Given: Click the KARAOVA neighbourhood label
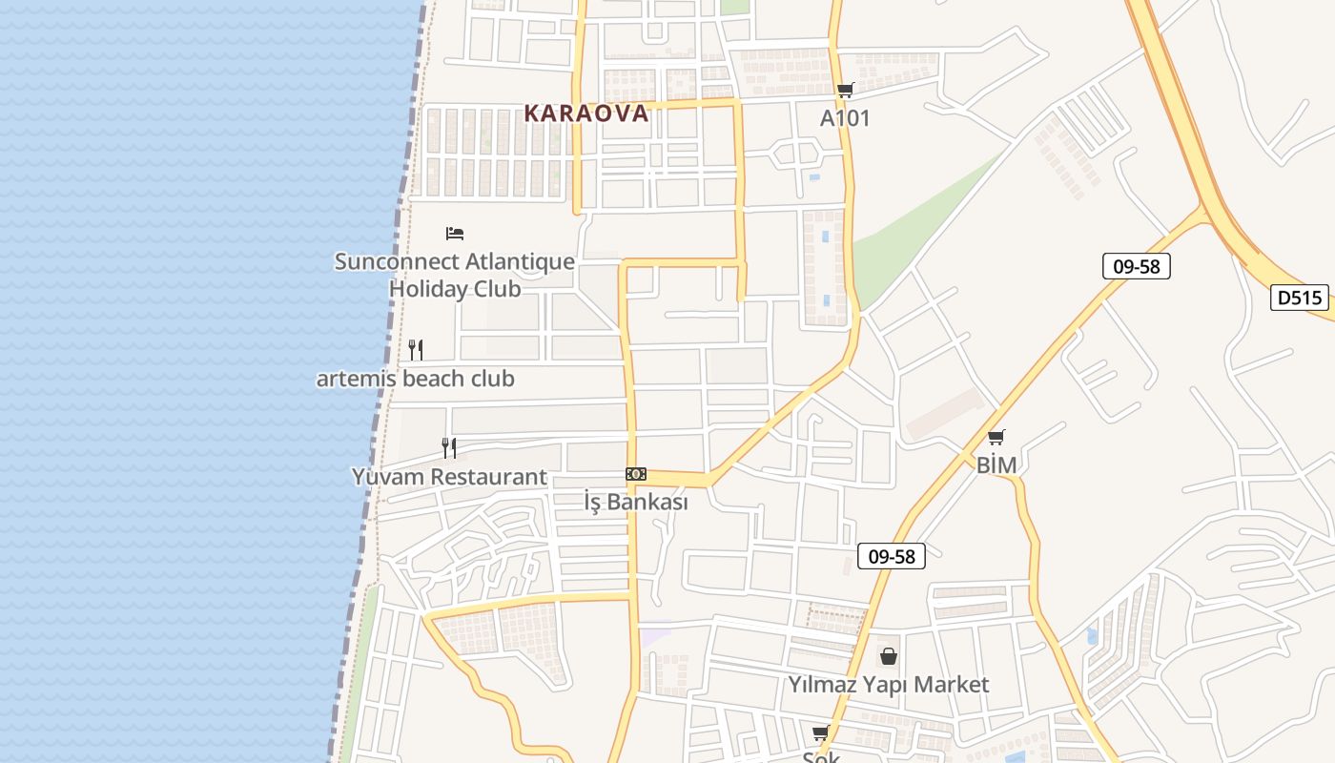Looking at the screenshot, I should (586, 113).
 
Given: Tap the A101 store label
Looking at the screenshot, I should (845, 118).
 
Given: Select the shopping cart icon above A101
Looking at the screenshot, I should (845, 91).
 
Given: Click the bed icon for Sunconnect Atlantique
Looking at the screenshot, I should (455, 233).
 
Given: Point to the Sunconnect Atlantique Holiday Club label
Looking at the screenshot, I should (455, 275).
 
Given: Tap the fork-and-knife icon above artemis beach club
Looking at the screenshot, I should (416, 350).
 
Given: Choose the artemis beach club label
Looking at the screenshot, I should (416, 379).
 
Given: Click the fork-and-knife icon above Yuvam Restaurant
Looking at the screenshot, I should (449, 447).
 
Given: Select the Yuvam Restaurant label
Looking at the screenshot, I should (449, 477).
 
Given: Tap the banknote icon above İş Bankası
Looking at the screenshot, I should (636, 474).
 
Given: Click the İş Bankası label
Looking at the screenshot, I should (636, 502).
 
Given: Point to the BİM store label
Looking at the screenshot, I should (996, 465).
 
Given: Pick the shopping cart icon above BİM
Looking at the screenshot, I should (996, 438).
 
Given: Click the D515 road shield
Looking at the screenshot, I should (1301, 298).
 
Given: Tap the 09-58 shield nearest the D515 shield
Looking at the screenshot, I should (1136, 266).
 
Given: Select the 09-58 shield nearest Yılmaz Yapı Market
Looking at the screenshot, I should (892, 556).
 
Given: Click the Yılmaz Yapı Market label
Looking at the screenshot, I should (888, 684).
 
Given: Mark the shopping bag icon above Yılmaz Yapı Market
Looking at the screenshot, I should (889, 656).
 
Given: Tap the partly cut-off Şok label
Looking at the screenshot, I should (821, 756).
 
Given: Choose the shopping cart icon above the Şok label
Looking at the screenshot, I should (821, 732).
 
